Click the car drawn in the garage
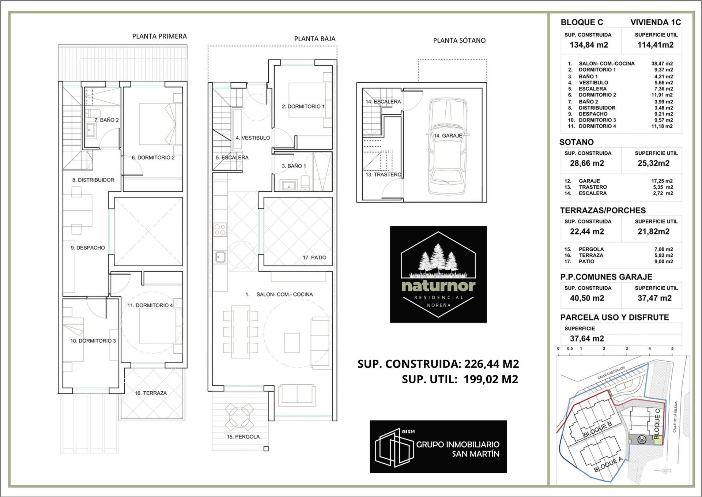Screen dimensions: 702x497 point(447,146)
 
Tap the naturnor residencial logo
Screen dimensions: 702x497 point(438,274)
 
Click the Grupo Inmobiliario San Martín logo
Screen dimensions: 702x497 point(438,447)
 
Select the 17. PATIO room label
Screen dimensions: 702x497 point(314,257)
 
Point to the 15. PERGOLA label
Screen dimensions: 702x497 point(243,437)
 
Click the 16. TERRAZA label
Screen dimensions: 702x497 point(151,393)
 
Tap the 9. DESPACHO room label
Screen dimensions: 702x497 point(88,248)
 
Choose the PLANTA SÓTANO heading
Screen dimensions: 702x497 point(459,41)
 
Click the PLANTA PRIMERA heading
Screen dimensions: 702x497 point(159,36)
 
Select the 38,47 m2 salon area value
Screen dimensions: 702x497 point(662,64)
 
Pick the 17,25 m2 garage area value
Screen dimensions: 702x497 point(662,181)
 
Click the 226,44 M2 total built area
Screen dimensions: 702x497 point(491,364)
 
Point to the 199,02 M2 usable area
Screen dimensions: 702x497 point(491,379)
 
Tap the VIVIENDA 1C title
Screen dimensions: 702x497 point(656,22)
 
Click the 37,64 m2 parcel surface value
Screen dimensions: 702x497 point(587,339)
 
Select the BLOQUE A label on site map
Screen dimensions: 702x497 point(608,464)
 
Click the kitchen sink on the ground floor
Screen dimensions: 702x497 point(220,257)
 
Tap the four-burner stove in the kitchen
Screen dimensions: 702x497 point(220,230)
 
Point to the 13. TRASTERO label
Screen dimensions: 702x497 point(384,175)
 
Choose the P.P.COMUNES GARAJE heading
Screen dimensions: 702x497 point(606,277)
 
